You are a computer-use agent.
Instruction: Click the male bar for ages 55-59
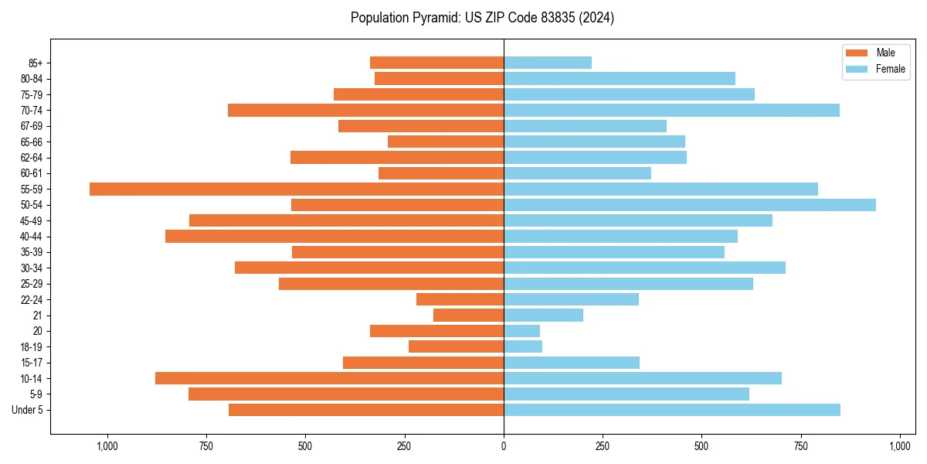pyautogui.click(x=297, y=189)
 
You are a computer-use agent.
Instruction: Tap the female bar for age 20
pyautogui.click(x=521, y=331)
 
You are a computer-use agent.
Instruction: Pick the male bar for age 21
pyautogui.click(x=468, y=316)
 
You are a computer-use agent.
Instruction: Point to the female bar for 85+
pyautogui.click(x=548, y=63)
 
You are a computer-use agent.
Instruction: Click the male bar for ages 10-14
pyautogui.click(x=329, y=378)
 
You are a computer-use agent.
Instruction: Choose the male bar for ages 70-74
pyautogui.click(x=365, y=110)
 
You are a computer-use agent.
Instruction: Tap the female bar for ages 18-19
pyautogui.click(x=523, y=346)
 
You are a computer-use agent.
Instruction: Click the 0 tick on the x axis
pyautogui.click(x=504, y=446)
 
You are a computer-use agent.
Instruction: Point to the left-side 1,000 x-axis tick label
pyautogui.click(x=107, y=446)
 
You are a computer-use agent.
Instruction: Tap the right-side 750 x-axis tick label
pyautogui.click(x=801, y=446)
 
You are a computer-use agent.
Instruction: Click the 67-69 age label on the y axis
pyautogui.click(x=32, y=126)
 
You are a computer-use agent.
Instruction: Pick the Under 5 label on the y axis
pyautogui.click(x=28, y=410)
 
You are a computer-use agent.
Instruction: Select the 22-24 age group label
pyautogui.click(x=32, y=299)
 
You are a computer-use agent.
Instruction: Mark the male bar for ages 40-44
pyautogui.click(x=334, y=237)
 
